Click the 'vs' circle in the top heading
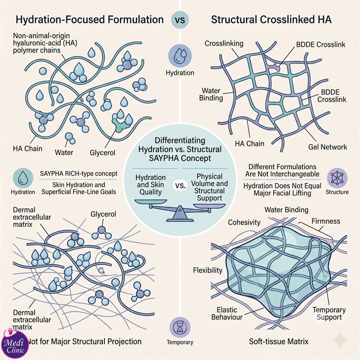(180, 20)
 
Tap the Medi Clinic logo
(15, 344)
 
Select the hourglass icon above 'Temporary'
(180, 327)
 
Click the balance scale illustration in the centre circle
(180, 210)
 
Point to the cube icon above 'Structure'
(337, 178)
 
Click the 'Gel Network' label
(328, 147)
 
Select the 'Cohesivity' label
(244, 222)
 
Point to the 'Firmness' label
(326, 221)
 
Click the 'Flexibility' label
(207, 270)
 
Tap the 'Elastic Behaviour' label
(227, 313)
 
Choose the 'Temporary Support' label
(329, 313)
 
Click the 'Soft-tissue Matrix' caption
(279, 342)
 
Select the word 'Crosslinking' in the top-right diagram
(224, 43)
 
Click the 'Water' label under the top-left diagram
(64, 152)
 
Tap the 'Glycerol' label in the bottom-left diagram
(103, 214)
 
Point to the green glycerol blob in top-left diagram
(119, 125)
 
